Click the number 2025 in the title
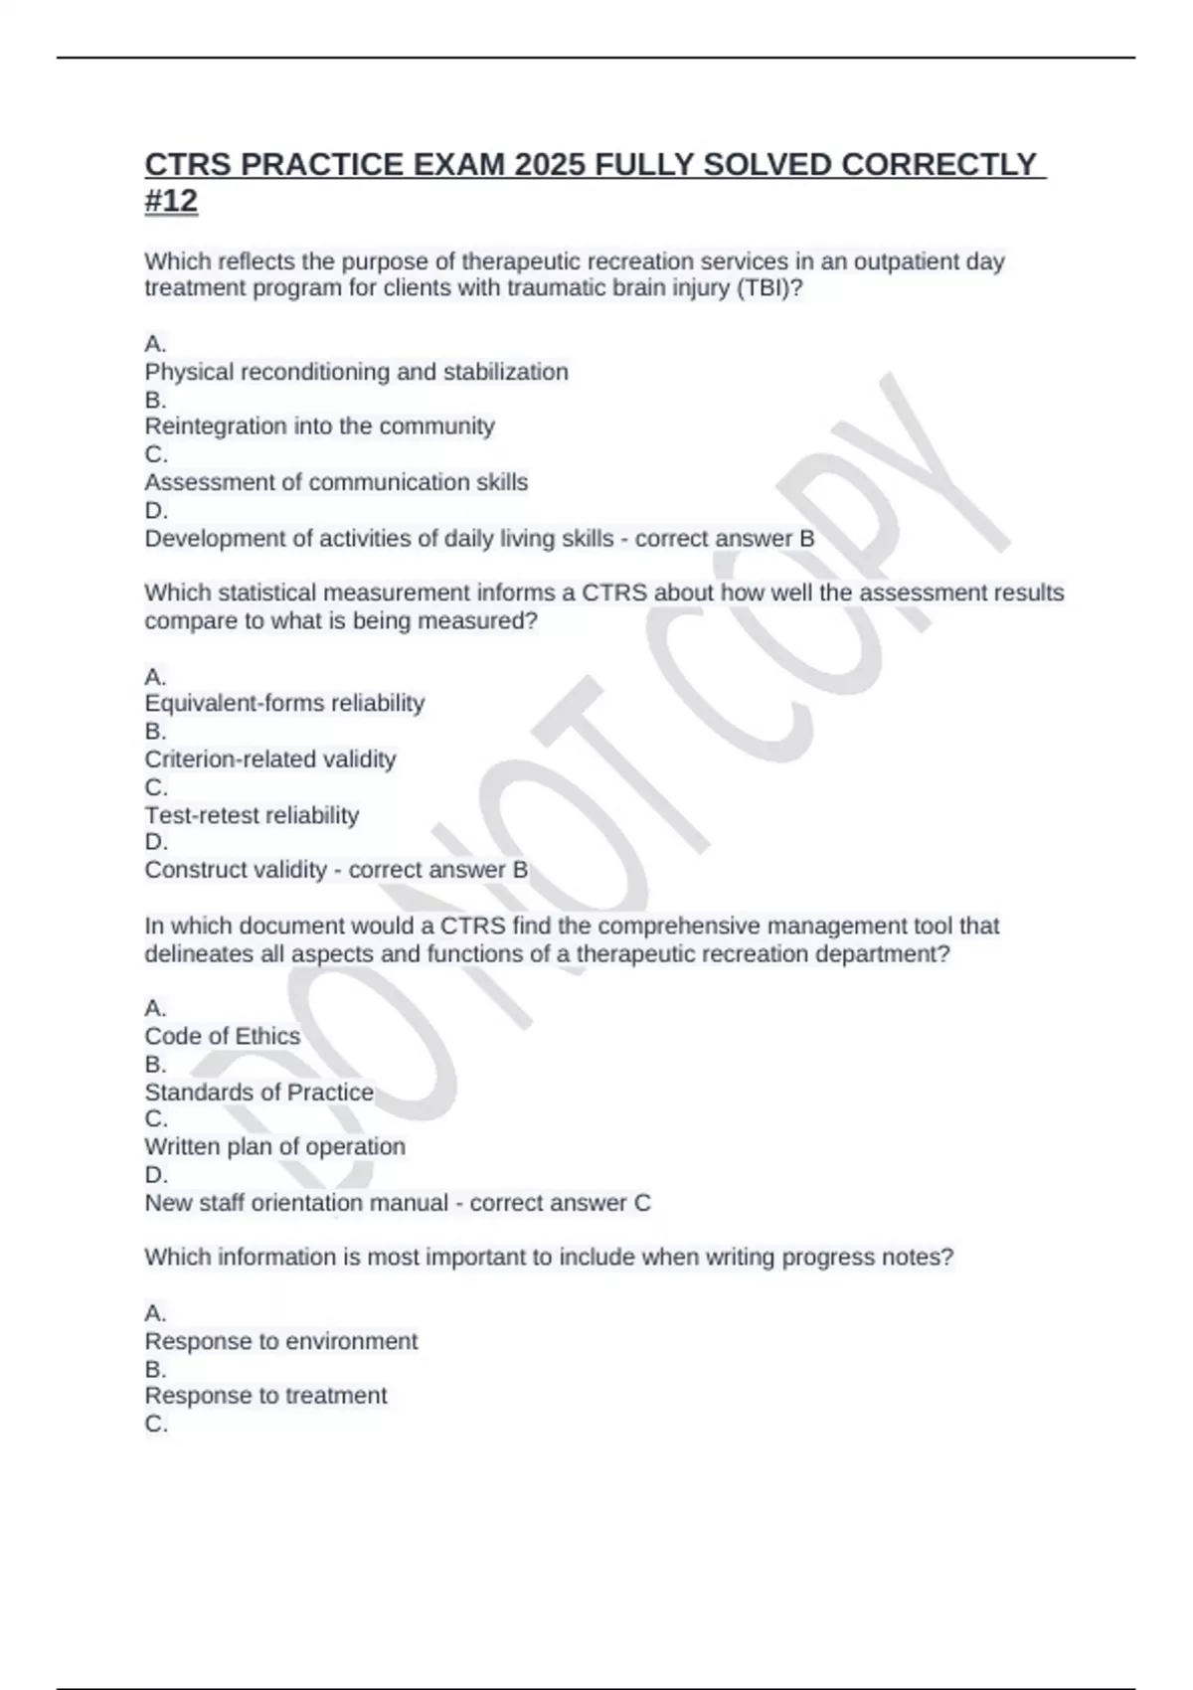tap(550, 164)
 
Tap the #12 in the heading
tap(171, 201)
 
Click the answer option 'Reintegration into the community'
tap(319, 426)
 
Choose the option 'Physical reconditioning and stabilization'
tap(356, 372)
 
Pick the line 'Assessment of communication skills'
tap(336, 482)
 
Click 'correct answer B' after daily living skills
tap(725, 539)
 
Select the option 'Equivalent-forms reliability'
tap(284, 703)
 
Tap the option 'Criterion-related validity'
tap(270, 760)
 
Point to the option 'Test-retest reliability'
tap(252, 815)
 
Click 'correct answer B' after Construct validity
tap(437, 870)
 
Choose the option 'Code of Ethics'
tap(222, 1036)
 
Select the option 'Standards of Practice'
tap(258, 1092)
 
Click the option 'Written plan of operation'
tap(274, 1146)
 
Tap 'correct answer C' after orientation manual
tap(560, 1203)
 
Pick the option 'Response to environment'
tap(280, 1341)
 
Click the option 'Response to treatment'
tap(265, 1396)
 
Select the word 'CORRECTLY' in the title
tap(938, 164)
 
